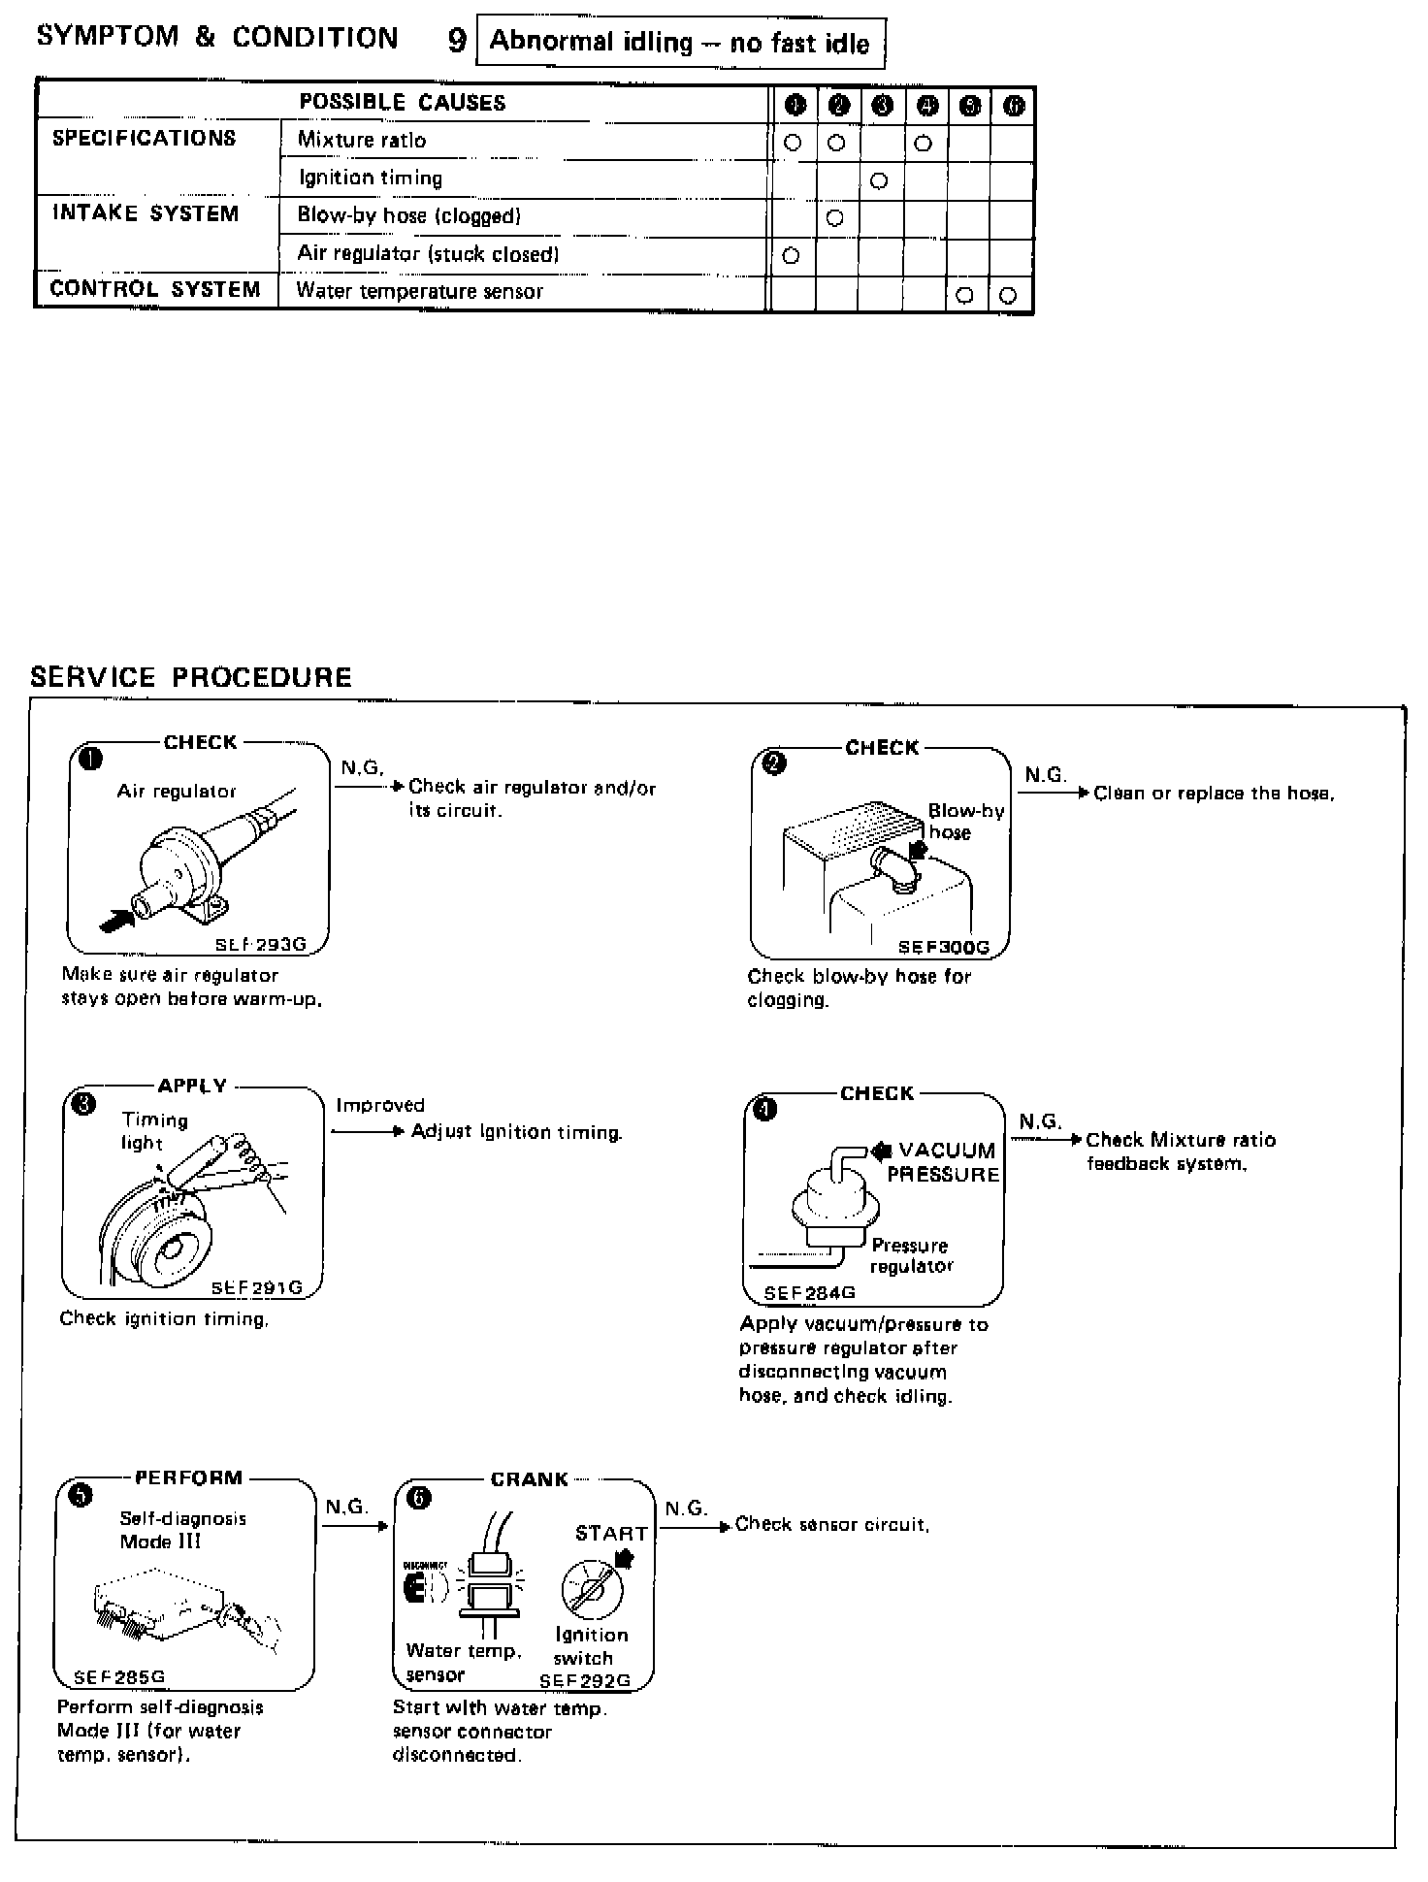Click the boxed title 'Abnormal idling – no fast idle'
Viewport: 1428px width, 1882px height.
coord(680,43)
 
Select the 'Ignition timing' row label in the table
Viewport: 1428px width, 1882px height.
coord(370,178)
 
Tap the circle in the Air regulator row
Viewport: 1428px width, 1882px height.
coord(791,256)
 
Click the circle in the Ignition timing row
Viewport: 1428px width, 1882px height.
coord(879,181)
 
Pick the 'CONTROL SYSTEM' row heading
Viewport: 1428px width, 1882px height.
coord(155,290)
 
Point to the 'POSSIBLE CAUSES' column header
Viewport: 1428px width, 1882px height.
coord(403,103)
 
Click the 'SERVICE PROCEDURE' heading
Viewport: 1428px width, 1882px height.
coord(191,677)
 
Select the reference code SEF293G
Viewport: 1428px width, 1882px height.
coord(267,945)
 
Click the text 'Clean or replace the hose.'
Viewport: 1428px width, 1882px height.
coord(1214,794)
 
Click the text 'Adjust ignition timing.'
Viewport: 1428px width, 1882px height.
coord(516,1132)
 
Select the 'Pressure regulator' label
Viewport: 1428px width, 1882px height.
coord(911,1255)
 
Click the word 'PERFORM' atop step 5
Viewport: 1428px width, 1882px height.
coord(188,1478)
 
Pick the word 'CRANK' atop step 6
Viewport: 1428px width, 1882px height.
coord(530,1479)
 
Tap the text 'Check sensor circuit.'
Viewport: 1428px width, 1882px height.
coord(832,1524)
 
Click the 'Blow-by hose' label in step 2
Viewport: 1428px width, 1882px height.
coord(965,822)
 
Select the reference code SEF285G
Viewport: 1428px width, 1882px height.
coord(119,1676)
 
